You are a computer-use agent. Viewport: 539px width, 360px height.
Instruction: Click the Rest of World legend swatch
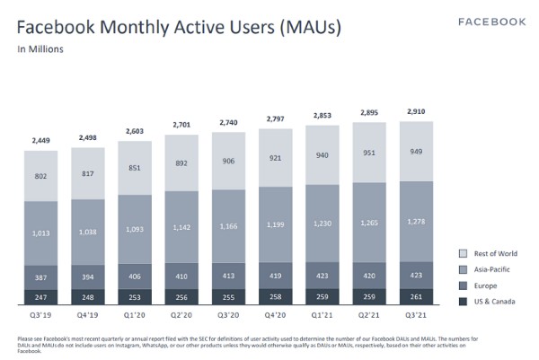[464, 254]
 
